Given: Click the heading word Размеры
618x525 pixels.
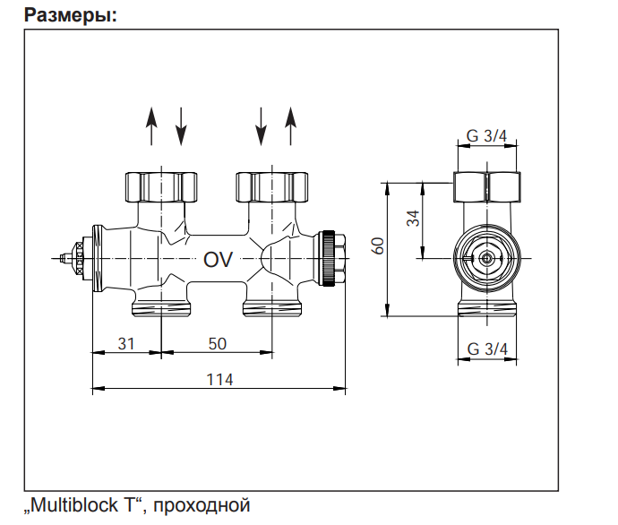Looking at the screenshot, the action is click(x=70, y=15).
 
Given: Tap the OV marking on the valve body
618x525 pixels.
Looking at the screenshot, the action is click(x=218, y=259).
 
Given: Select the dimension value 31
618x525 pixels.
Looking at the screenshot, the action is click(x=126, y=344).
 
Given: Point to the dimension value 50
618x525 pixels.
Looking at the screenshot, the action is click(x=217, y=344).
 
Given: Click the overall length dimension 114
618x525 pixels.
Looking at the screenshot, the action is click(x=220, y=380).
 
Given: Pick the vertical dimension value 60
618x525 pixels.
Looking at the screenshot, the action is click(x=378, y=246).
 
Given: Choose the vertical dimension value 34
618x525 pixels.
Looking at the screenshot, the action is click(x=414, y=218).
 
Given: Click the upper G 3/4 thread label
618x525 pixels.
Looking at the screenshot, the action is click(x=486, y=136).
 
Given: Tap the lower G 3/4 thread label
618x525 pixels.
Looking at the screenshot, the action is click(x=487, y=349).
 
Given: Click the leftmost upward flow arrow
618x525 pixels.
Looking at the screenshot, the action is click(x=151, y=126).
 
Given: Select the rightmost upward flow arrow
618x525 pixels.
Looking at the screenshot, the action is click(x=290, y=126).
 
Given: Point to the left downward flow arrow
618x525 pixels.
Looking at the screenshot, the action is click(x=181, y=126).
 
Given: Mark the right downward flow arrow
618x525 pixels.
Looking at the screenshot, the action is click(x=261, y=126).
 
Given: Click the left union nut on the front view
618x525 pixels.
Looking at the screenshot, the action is click(x=161, y=187).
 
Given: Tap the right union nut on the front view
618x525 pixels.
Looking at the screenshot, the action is click(x=271, y=187).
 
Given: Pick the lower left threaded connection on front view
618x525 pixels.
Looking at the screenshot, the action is click(x=161, y=308).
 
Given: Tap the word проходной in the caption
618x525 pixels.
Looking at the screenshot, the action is click(x=202, y=506).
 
